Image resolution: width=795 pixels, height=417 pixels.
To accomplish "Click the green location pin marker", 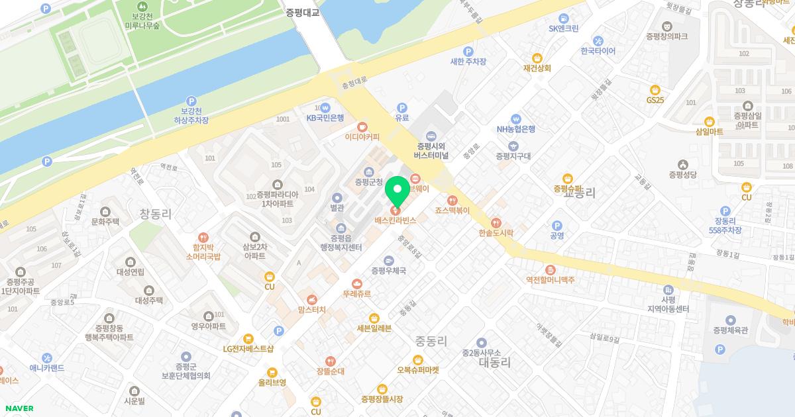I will pyautogui.click(x=398, y=191).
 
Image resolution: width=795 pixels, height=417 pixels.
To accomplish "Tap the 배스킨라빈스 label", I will pyautogui.click(x=396, y=220).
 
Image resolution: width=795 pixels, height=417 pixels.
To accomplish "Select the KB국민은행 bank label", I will pyautogui.click(x=325, y=118).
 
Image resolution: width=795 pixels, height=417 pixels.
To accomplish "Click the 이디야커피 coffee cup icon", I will pyautogui.click(x=362, y=126).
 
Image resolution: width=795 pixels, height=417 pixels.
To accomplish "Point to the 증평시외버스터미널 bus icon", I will pyautogui.click(x=431, y=135).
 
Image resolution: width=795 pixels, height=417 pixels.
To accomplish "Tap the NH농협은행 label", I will pyautogui.click(x=516, y=129).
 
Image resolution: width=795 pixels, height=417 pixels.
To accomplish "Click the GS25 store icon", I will pyautogui.click(x=655, y=89).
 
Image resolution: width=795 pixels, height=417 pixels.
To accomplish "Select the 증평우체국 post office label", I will pyautogui.click(x=388, y=271).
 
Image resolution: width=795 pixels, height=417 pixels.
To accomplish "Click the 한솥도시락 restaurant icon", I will pyautogui.click(x=496, y=222).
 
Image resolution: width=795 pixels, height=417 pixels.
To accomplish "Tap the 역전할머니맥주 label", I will pyautogui.click(x=550, y=280).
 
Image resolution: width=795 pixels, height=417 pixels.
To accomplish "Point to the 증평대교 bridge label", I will pyautogui.click(x=303, y=12).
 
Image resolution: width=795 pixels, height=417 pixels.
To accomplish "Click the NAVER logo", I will pyautogui.click(x=18, y=408).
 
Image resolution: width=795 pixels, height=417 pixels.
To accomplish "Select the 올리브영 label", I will pyautogui.click(x=272, y=382).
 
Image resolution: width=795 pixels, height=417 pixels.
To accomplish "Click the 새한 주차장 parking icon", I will pyautogui.click(x=468, y=51).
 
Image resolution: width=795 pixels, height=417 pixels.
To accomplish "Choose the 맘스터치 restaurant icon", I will pyautogui.click(x=311, y=299).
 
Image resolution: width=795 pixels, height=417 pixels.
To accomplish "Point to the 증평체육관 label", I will pyautogui.click(x=730, y=330).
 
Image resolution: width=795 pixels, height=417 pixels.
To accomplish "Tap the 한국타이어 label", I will pyautogui.click(x=598, y=51).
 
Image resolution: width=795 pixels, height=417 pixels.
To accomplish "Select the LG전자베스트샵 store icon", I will pyautogui.click(x=248, y=338).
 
